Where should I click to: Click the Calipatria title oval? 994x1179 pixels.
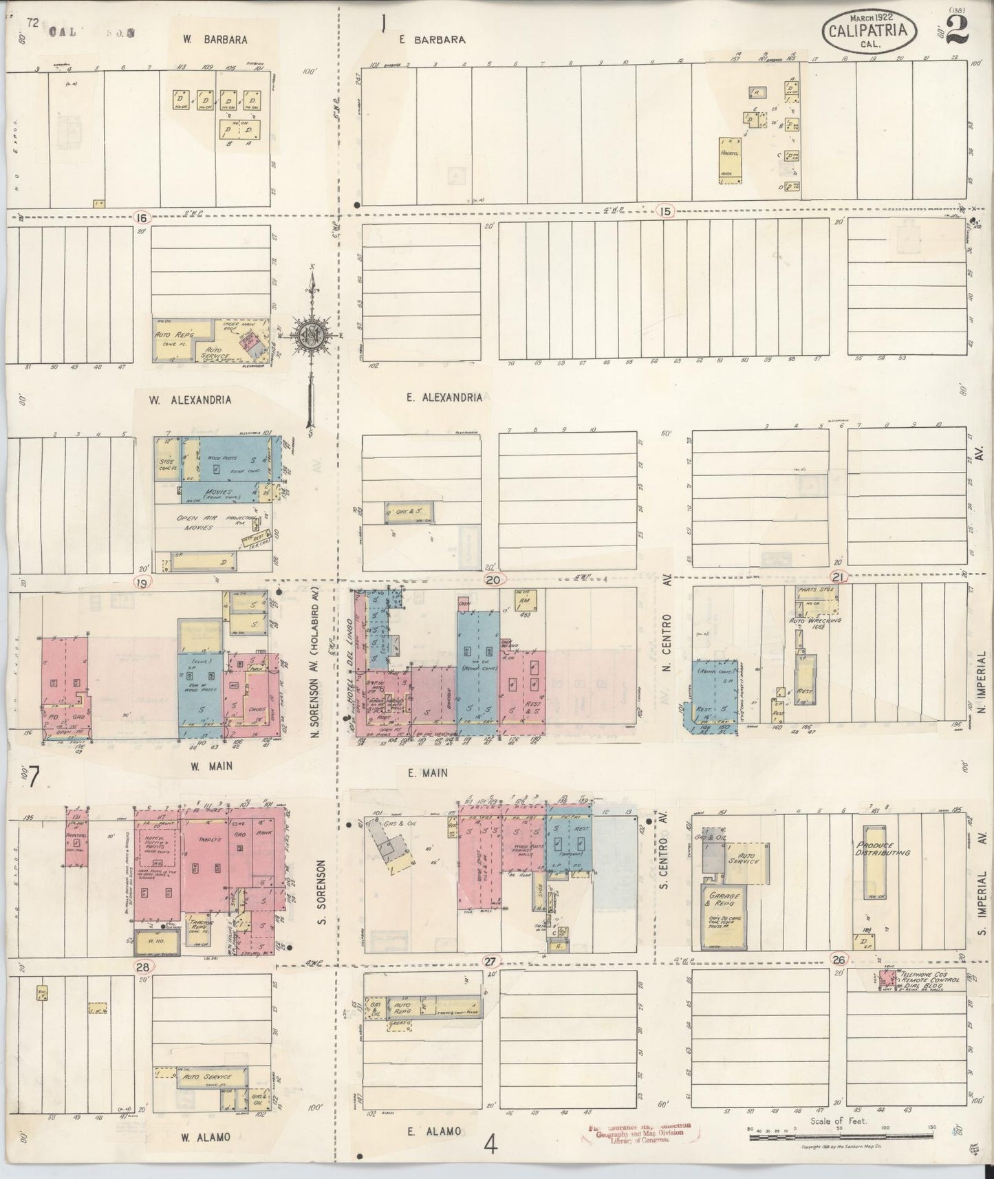point(870,30)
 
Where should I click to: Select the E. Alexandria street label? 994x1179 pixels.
point(444,397)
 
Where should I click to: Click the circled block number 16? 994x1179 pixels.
point(142,217)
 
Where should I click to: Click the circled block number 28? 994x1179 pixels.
point(143,967)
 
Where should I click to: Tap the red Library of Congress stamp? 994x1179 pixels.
point(640,1134)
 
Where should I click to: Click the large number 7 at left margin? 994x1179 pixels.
point(33,779)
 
